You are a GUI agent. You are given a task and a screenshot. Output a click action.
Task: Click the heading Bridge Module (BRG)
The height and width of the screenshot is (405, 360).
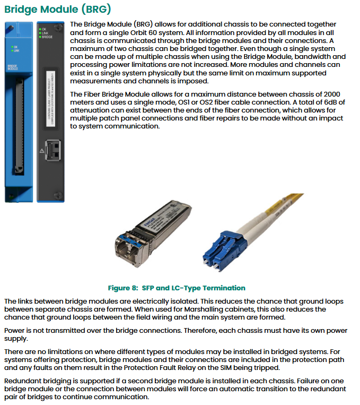[x=58, y=10]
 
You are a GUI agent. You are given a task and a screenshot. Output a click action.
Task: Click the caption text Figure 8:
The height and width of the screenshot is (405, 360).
[x=123, y=288]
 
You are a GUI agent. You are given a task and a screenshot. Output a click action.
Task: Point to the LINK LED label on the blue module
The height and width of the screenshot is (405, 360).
[x=16, y=51]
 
